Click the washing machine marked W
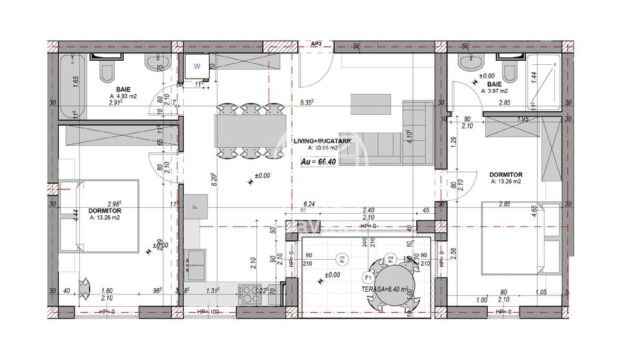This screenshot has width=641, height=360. tap(197, 67)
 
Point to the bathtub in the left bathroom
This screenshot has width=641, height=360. tap(72, 87)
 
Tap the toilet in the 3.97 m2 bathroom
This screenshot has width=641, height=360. tap(508, 70)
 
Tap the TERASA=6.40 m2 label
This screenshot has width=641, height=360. tap(387, 289)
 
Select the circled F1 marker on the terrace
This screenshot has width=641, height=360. tap(367, 278)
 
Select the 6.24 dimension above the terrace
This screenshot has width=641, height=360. tap(309, 204)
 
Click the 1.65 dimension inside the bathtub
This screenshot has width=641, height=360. tap(77, 80)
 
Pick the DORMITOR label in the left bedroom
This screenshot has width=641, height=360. tap(105, 210)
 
